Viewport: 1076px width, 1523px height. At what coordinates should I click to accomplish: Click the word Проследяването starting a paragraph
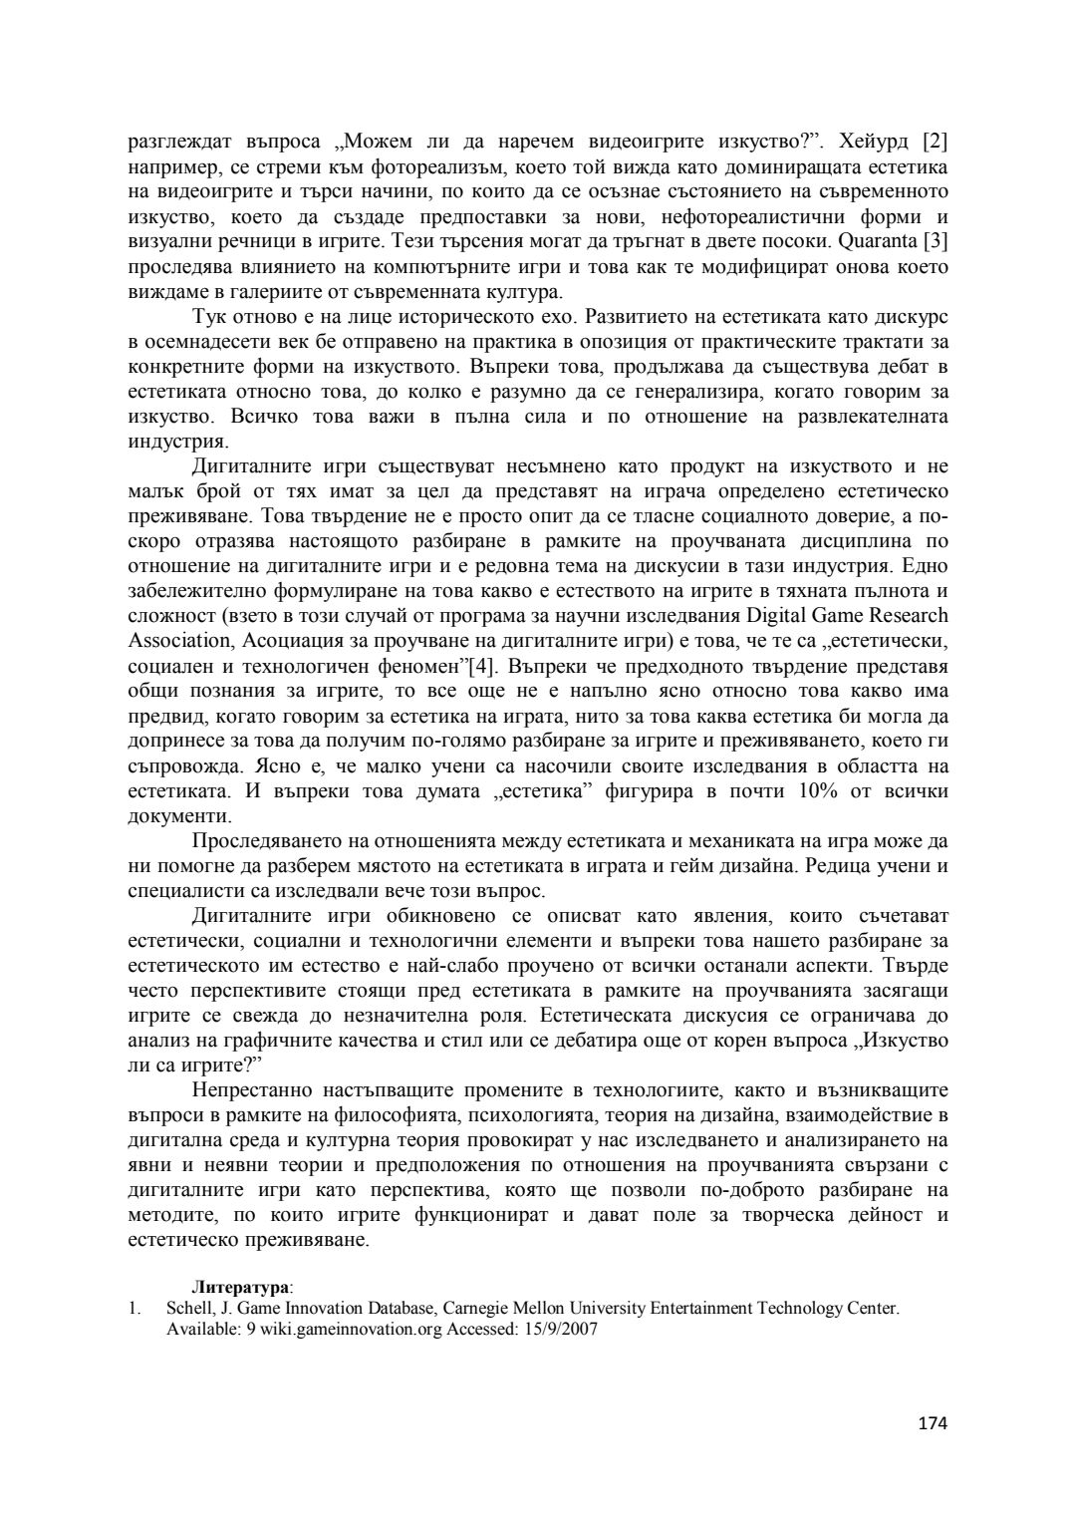(x=264, y=841)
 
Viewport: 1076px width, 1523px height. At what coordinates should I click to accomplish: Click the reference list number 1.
(x=134, y=1308)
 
